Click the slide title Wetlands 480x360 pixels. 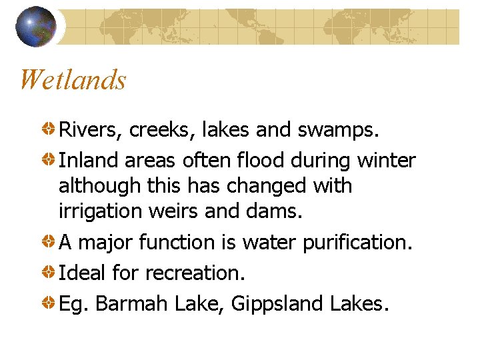pos(73,80)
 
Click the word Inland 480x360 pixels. pos(85,161)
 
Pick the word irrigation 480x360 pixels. pos(99,211)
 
